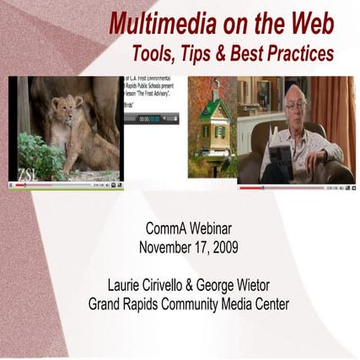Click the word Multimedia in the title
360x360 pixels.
click(156, 23)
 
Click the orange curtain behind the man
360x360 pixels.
click(344, 118)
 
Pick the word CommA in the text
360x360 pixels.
click(159, 229)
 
